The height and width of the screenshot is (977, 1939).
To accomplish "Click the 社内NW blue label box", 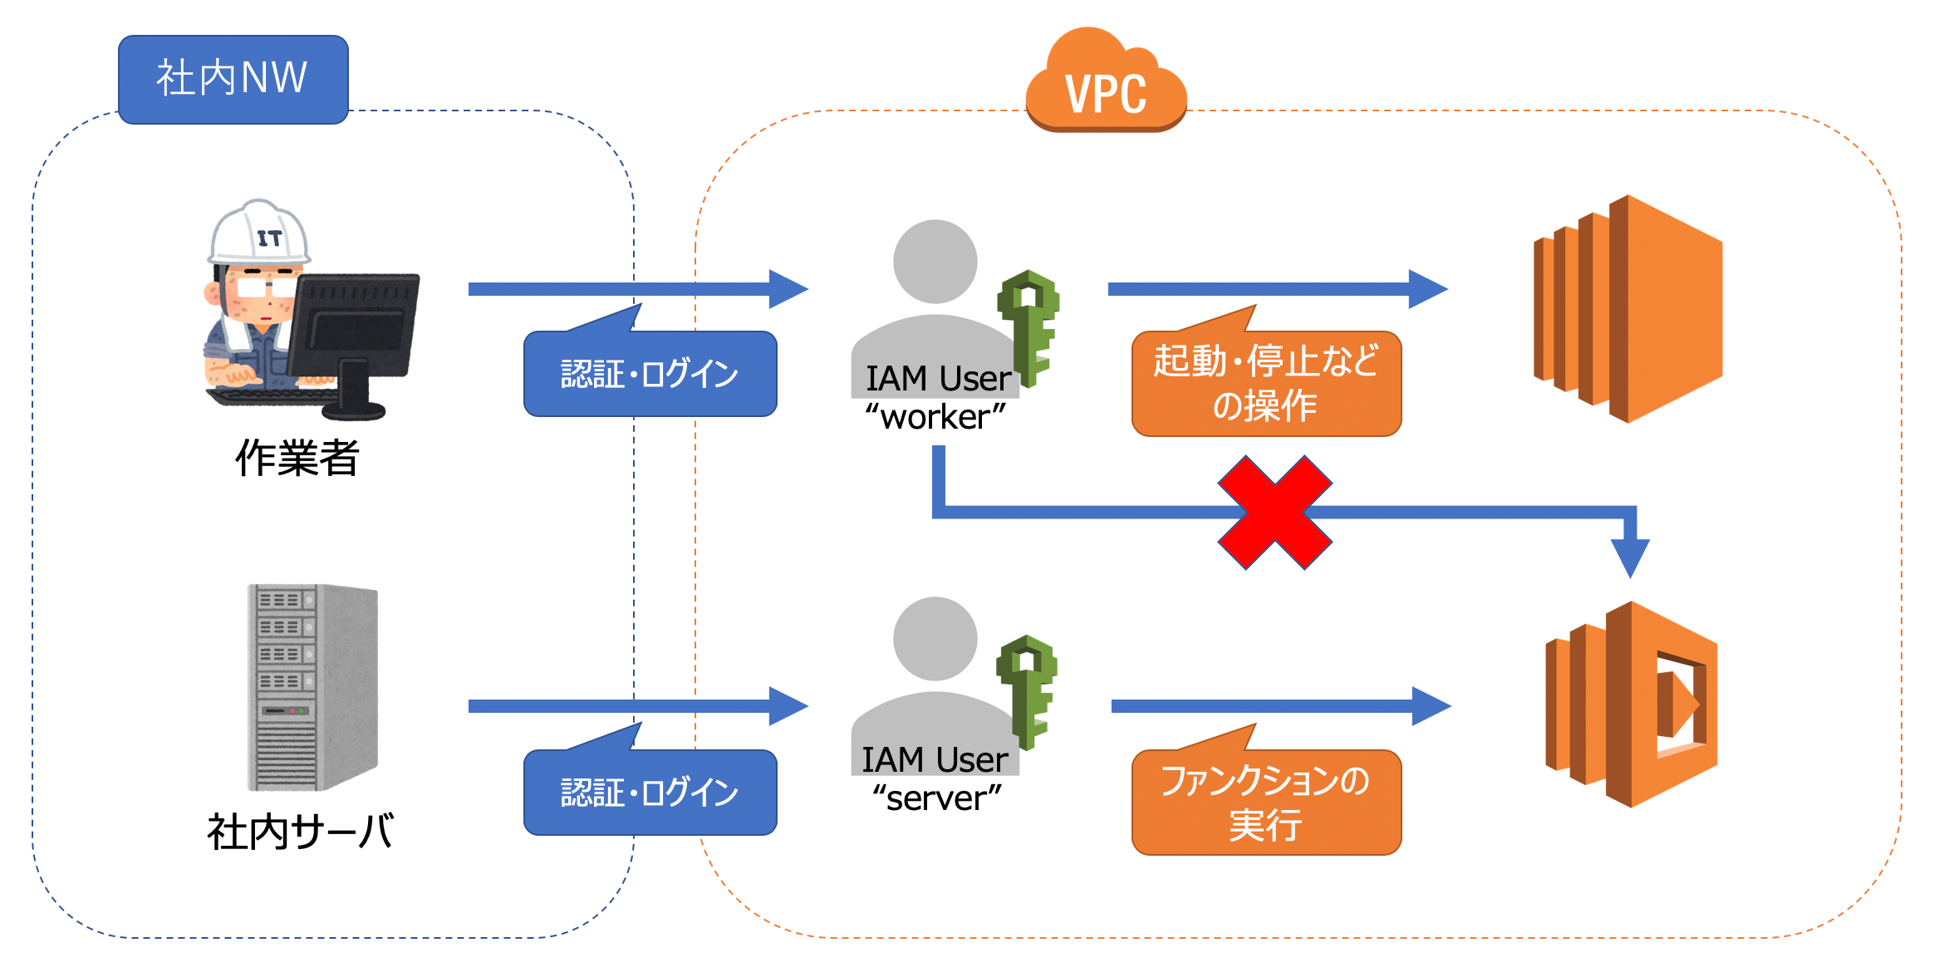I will click(x=233, y=79).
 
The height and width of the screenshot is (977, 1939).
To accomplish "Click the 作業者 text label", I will click(x=297, y=458).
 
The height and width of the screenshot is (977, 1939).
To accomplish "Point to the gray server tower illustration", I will click(x=312, y=687).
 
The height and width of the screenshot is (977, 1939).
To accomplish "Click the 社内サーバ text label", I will click(x=300, y=832).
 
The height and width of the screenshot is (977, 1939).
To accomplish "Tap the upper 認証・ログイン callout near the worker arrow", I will click(x=650, y=374).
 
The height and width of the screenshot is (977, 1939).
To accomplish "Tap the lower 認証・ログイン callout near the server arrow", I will click(x=650, y=793).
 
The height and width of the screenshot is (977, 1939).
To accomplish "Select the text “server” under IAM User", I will click(x=936, y=798).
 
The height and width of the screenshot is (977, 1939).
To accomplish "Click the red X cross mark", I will click(x=1274, y=513).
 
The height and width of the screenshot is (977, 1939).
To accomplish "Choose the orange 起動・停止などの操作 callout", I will click(x=1266, y=384).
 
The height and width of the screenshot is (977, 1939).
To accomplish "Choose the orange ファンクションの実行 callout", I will click(x=1266, y=803).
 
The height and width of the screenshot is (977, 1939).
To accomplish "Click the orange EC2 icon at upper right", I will click(x=1628, y=308).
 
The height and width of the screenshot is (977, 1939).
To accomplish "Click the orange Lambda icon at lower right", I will click(x=1632, y=705).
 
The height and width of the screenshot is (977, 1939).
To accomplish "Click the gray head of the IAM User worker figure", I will click(x=935, y=261).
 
